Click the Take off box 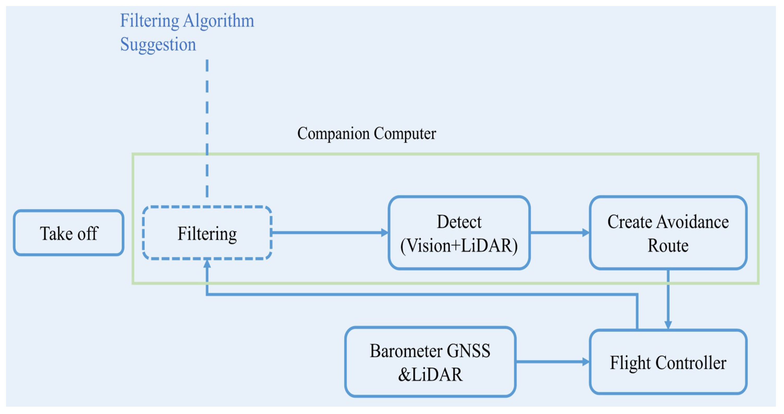click(x=69, y=233)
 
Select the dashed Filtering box click(x=207, y=233)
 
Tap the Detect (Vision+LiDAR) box click(x=459, y=233)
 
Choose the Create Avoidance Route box click(x=668, y=233)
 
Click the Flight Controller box click(x=668, y=362)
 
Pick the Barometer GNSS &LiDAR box click(x=430, y=362)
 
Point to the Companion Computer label click(x=366, y=133)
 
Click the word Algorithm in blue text click(x=218, y=21)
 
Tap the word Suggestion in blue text click(x=158, y=44)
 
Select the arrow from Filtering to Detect click(x=329, y=233)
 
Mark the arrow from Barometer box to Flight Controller click(x=552, y=362)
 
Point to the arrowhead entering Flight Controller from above click(x=668, y=325)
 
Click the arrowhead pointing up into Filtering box click(x=207, y=264)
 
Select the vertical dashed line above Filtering click(x=207, y=128)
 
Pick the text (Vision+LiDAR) click(x=459, y=245)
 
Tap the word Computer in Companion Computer click(x=405, y=133)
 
